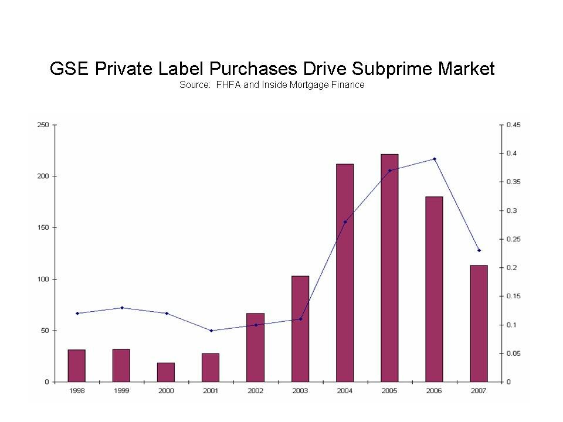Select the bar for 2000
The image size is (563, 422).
click(x=166, y=372)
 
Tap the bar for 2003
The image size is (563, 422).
click(x=300, y=329)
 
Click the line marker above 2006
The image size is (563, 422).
click(x=435, y=159)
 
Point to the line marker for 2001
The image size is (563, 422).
click(x=211, y=331)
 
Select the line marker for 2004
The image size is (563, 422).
click(x=345, y=222)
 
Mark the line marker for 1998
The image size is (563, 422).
click(x=77, y=313)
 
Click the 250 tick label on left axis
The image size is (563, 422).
click(x=43, y=125)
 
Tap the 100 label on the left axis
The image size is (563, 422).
click(x=43, y=279)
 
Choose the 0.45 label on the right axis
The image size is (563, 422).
click(x=514, y=125)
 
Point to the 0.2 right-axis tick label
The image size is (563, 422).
click(x=512, y=268)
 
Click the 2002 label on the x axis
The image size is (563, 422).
click(x=256, y=391)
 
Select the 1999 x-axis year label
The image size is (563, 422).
click(x=121, y=391)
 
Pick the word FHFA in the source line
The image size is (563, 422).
click(x=228, y=85)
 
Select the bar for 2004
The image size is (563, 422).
click(x=345, y=273)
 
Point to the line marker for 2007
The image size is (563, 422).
click(x=479, y=250)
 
